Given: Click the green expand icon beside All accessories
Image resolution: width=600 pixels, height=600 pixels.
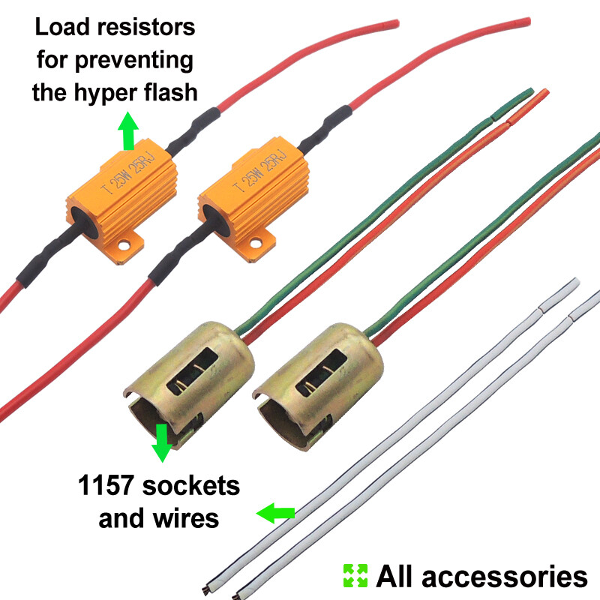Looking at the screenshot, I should (355, 576).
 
